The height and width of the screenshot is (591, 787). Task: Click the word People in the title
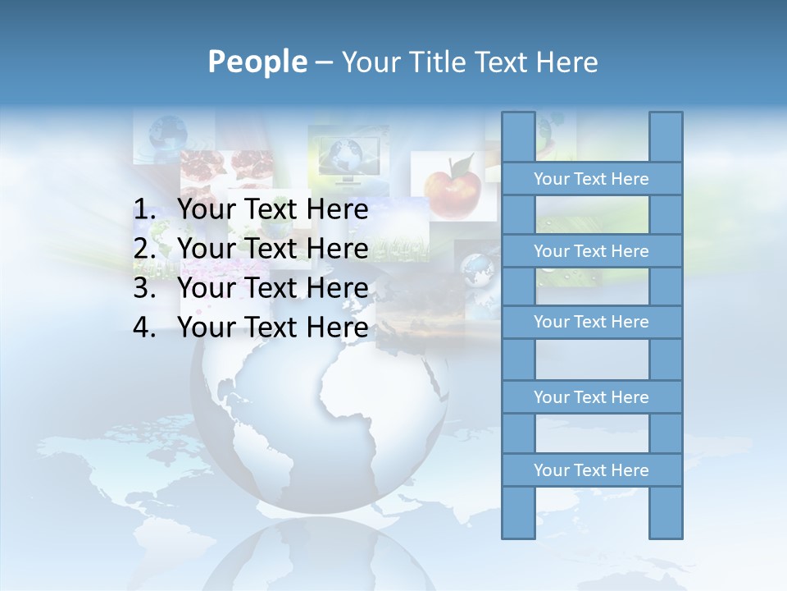pyautogui.click(x=257, y=62)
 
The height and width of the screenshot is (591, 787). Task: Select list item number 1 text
pyautogui.click(x=272, y=210)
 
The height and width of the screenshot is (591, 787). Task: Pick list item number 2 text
pyautogui.click(x=272, y=249)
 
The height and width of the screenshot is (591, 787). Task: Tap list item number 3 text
pyautogui.click(x=272, y=288)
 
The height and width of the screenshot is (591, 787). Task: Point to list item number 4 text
pyautogui.click(x=272, y=328)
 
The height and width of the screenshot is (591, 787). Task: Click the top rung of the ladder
pyautogui.click(x=591, y=179)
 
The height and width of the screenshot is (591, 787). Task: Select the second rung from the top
pyautogui.click(x=591, y=251)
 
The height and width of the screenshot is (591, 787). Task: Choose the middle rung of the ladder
pyautogui.click(x=591, y=322)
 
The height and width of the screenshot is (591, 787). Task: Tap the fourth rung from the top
pyautogui.click(x=591, y=397)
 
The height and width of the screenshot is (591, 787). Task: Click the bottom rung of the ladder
pyautogui.click(x=591, y=470)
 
